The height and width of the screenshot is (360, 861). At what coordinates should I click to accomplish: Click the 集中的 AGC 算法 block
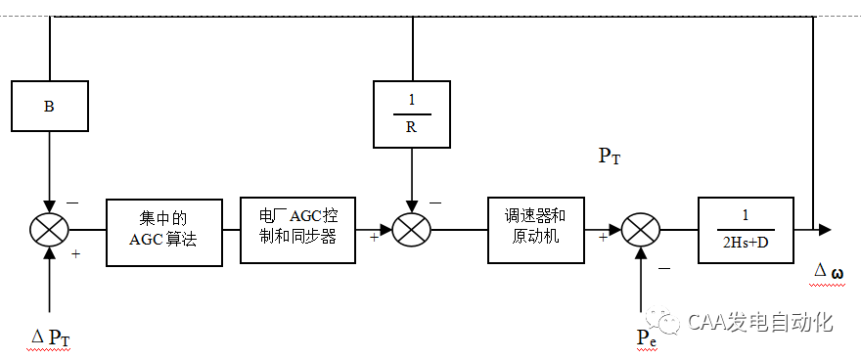pos(163,230)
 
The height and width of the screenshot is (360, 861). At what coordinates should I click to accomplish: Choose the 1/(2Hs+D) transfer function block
pos(746,230)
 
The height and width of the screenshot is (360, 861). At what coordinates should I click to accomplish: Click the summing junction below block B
pos(49,231)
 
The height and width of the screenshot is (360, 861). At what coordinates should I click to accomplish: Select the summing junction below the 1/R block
pos(412,231)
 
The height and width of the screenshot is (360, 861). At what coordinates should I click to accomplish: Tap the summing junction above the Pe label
pos(641,231)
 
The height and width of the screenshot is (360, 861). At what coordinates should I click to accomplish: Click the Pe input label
pos(646,337)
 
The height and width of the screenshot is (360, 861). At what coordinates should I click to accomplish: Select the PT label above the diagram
pos(609,157)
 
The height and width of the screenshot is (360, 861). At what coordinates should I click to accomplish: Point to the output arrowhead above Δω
pos(825,230)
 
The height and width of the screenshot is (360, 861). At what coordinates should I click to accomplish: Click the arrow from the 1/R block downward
pos(412,186)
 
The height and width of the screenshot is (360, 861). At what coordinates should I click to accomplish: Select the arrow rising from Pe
pos(641,284)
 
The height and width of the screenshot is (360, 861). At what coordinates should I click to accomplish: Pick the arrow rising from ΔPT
pos(49,284)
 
